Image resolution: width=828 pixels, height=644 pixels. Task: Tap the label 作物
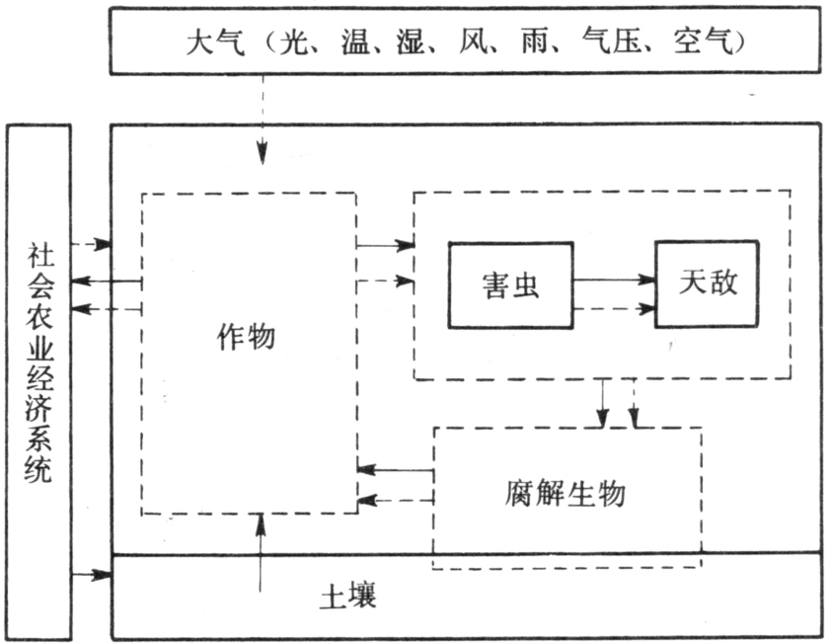246,337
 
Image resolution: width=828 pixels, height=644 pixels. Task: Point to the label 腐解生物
565,493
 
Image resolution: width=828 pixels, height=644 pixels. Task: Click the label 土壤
348,596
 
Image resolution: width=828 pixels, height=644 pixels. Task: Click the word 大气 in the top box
215,41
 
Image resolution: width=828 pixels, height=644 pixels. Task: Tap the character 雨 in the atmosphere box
536,41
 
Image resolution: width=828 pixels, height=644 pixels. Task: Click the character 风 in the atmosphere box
474,41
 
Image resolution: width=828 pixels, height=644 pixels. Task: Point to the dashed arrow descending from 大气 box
263,120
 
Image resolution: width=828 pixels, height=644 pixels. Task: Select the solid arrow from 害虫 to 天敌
614,280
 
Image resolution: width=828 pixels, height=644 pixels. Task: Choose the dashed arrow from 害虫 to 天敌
614,308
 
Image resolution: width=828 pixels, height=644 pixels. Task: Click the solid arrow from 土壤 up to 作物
261,552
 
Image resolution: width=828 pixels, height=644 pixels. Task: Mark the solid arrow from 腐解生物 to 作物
396,469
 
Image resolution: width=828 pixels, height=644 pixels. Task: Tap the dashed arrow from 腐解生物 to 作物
396,499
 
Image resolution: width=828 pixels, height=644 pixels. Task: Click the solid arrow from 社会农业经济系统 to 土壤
92,574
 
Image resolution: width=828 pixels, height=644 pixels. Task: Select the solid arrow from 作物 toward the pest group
385,245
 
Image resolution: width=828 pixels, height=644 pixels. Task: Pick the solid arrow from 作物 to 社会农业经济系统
107,282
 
